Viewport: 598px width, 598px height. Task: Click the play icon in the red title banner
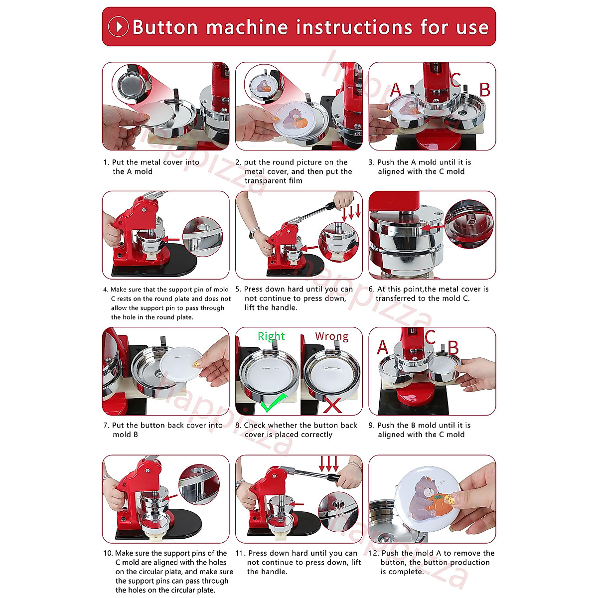tap(118, 27)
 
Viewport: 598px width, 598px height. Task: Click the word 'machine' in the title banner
tap(247, 27)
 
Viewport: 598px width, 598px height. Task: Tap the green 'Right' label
tap(271, 336)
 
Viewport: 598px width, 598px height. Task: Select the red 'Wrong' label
tap(332, 336)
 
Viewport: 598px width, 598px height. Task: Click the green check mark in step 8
tap(273, 403)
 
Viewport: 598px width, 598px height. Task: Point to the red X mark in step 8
tap(332, 405)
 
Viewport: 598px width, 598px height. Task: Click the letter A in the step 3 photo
tap(396, 90)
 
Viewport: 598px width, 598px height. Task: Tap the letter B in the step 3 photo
tap(485, 90)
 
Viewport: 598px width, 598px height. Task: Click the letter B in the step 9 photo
tap(453, 348)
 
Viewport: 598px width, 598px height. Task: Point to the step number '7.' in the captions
tap(106, 426)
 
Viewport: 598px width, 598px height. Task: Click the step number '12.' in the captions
tap(374, 553)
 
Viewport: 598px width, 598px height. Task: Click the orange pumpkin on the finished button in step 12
tap(438, 505)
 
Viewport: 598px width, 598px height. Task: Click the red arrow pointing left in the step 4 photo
tap(170, 239)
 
